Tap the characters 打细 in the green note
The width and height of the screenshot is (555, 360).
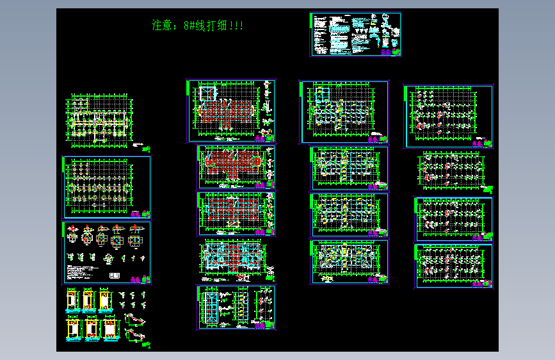(215, 26)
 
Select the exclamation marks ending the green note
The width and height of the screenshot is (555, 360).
(236, 26)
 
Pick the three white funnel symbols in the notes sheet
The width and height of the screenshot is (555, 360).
(363, 30)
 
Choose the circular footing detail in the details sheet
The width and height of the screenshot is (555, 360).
(87, 236)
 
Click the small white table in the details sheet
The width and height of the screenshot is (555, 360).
(115, 275)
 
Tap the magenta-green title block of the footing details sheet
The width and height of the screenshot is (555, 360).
(139, 279)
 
